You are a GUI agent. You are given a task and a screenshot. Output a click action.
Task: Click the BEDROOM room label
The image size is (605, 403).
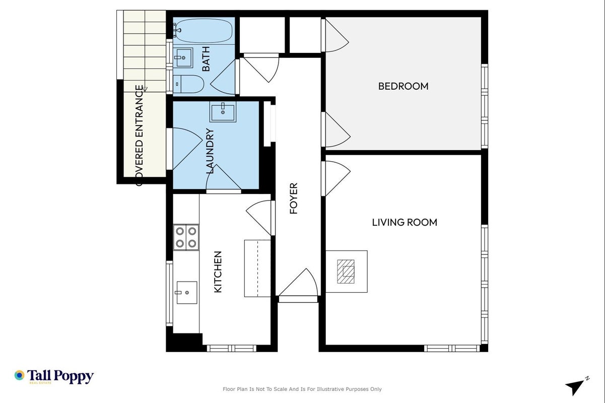point(403,86)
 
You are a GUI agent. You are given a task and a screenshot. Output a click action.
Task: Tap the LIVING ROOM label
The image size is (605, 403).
point(405,222)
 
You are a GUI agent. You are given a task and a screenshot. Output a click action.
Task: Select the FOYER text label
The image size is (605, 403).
point(294,198)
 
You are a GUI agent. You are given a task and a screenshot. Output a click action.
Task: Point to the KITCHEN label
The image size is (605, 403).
point(218,272)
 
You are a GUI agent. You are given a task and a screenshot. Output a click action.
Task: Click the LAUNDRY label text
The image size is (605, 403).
point(210,151)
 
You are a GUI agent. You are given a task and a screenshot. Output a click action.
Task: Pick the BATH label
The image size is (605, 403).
point(206,58)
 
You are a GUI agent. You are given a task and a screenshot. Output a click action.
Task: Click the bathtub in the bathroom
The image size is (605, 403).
point(203,31)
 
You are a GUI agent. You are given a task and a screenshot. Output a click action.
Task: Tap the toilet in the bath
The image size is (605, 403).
point(188,84)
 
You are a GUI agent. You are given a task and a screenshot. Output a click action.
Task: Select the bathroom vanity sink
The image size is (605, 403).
point(183,57)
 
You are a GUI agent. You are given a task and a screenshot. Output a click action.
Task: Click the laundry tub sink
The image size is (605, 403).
point(223,112)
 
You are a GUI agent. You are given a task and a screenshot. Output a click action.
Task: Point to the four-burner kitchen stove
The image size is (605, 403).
point(186,237)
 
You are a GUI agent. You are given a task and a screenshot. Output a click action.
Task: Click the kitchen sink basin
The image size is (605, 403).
point(186,293)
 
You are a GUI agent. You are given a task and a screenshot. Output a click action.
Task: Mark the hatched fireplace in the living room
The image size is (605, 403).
point(346,272)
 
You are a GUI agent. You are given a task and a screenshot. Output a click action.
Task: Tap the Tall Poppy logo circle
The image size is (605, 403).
point(19,375)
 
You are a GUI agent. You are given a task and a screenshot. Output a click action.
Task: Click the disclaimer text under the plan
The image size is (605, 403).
point(302,389)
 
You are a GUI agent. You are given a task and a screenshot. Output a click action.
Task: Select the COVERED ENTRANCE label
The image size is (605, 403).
point(139,136)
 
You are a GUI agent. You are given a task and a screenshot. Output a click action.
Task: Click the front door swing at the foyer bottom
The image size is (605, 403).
point(298,282)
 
